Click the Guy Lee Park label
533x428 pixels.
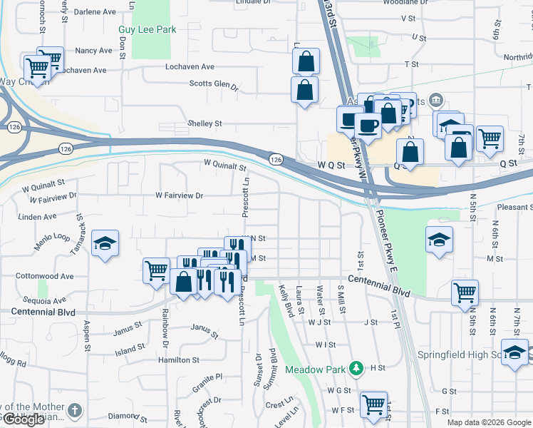click(x=147, y=30)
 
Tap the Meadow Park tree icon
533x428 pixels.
click(x=355, y=369)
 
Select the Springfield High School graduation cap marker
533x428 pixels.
click(x=514, y=352)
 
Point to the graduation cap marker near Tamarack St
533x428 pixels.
click(x=105, y=243)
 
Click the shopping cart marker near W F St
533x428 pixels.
click(x=373, y=404)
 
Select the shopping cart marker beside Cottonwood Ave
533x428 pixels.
click(x=157, y=270)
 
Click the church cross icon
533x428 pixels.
click(x=76, y=412)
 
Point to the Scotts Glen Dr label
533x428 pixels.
click(x=214, y=85)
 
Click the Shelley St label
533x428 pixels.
click(x=205, y=123)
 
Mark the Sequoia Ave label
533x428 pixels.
click(x=44, y=300)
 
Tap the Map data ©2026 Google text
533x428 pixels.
click(x=489, y=422)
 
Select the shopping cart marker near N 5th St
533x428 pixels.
click(x=465, y=290)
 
